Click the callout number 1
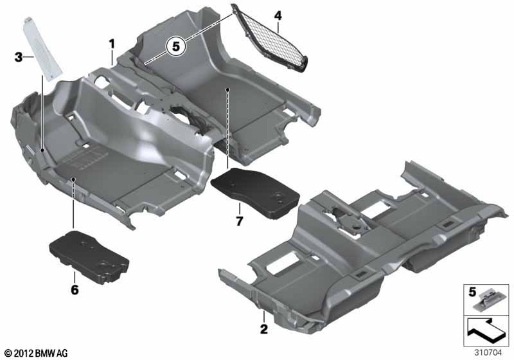pyautogui.click(x=112, y=44)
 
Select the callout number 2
pyautogui.click(x=264, y=329)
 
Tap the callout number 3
pyautogui.click(x=19, y=57)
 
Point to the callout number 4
pyautogui.click(x=278, y=15)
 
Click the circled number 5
pyautogui.click(x=176, y=46)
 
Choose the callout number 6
pyautogui.click(x=75, y=289)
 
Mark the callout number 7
pyautogui.click(x=240, y=221)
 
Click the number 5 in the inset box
pyautogui.click(x=472, y=292)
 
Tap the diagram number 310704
pyautogui.click(x=488, y=353)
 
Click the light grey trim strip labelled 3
pyautogui.click(x=42, y=50)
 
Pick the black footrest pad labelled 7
pyautogui.click(x=255, y=192)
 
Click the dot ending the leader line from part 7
pyautogui.click(x=227, y=89)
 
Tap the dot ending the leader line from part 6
pyautogui.click(x=73, y=179)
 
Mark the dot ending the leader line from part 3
pyautogui.click(x=42, y=150)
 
